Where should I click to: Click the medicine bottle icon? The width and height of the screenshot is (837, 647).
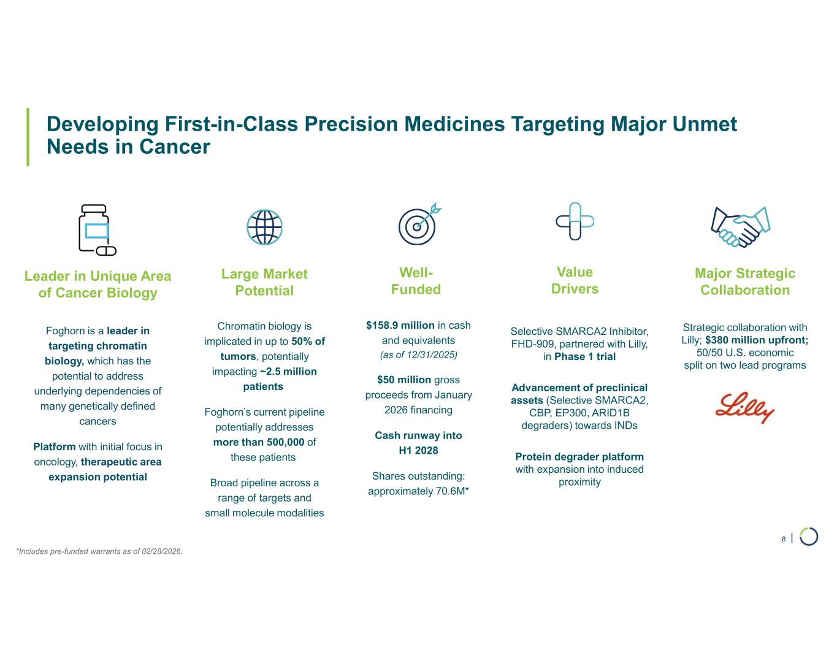(97, 230)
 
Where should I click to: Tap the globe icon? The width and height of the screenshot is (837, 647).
(264, 227)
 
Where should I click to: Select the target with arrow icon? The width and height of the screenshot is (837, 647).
(419, 224)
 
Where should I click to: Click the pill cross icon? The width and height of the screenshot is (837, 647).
(575, 221)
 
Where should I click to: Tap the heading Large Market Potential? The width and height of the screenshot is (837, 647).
(264, 282)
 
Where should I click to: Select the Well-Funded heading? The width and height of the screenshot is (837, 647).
(416, 281)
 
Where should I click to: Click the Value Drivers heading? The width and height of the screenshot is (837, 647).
(575, 280)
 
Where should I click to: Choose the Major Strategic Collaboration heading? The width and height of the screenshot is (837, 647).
(745, 281)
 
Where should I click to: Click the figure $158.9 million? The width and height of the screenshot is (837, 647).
(400, 326)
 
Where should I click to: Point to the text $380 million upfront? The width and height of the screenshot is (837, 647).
(757, 340)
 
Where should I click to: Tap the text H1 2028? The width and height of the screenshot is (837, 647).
(418, 450)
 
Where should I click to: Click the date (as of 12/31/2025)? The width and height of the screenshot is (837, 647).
(418, 354)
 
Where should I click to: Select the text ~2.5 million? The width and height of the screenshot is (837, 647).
(288, 372)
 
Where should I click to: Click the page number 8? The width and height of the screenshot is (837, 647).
(784, 539)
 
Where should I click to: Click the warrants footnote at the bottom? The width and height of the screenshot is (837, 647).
(99, 551)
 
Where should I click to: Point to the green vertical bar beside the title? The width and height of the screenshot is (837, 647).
(28, 137)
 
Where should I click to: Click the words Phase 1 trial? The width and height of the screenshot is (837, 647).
(585, 357)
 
